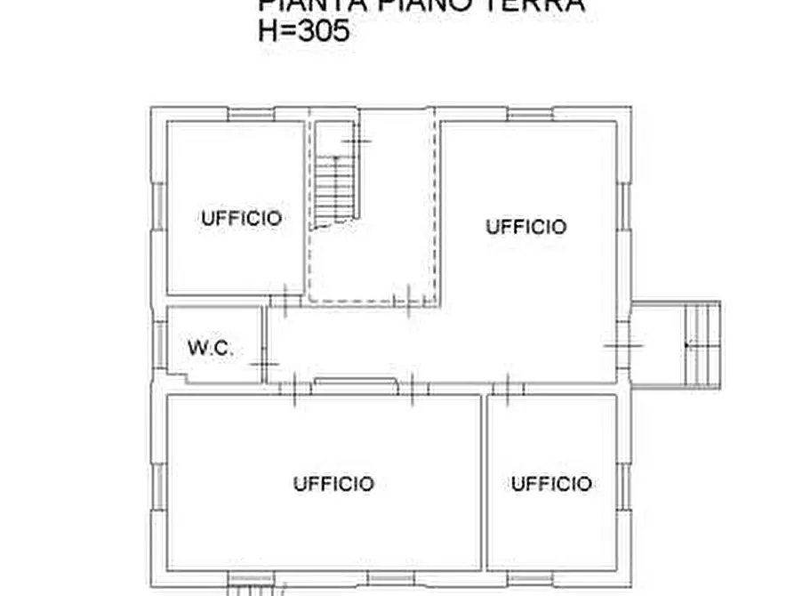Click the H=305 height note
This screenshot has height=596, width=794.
pos(303,31)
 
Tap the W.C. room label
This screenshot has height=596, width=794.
pos(211,349)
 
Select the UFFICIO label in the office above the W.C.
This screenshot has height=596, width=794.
pos(241,218)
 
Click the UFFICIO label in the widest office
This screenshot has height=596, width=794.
pos(333,484)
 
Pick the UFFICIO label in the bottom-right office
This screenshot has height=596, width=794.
pos(551,484)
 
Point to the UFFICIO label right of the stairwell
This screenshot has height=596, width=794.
pos(525,227)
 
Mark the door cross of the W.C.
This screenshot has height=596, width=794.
pos(263,364)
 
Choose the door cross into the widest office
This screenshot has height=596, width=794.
pos(293,388)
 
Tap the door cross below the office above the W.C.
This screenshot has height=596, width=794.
pos(285,300)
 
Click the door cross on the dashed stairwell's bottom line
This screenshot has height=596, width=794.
pos(406,302)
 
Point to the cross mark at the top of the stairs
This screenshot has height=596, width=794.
pos(357,141)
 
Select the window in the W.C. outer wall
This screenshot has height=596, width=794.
pos(159,346)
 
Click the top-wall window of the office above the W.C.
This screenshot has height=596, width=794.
pos(251,114)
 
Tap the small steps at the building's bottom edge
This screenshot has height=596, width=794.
pos(253,590)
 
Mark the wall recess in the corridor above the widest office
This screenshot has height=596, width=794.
pos(355,383)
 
